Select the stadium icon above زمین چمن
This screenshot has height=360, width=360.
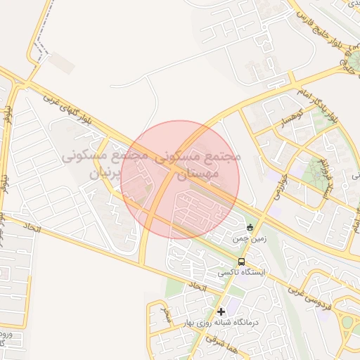pyautogui.click(x=250, y=227)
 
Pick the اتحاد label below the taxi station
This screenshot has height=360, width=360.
pyautogui.click(x=196, y=287)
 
